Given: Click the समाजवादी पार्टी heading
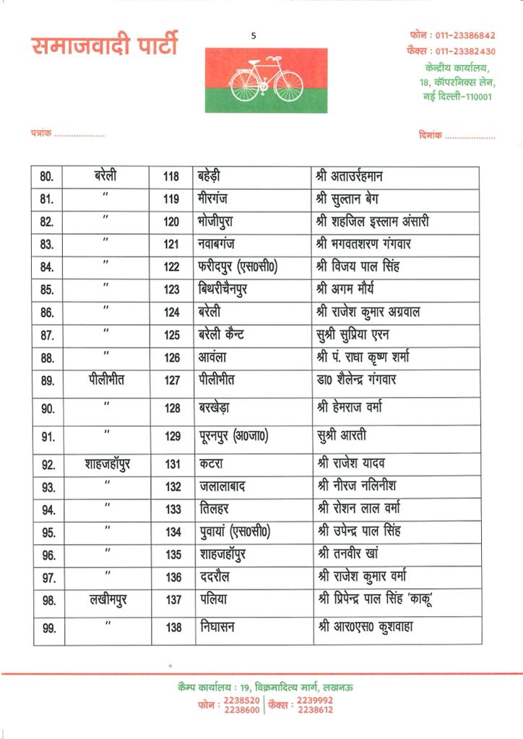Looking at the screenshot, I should point(104,45).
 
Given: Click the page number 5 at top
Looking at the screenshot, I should point(254,36).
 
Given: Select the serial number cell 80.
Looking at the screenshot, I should point(48,178).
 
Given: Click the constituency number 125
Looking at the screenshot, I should point(171,335).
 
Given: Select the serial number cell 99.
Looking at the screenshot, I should point(48,628).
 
